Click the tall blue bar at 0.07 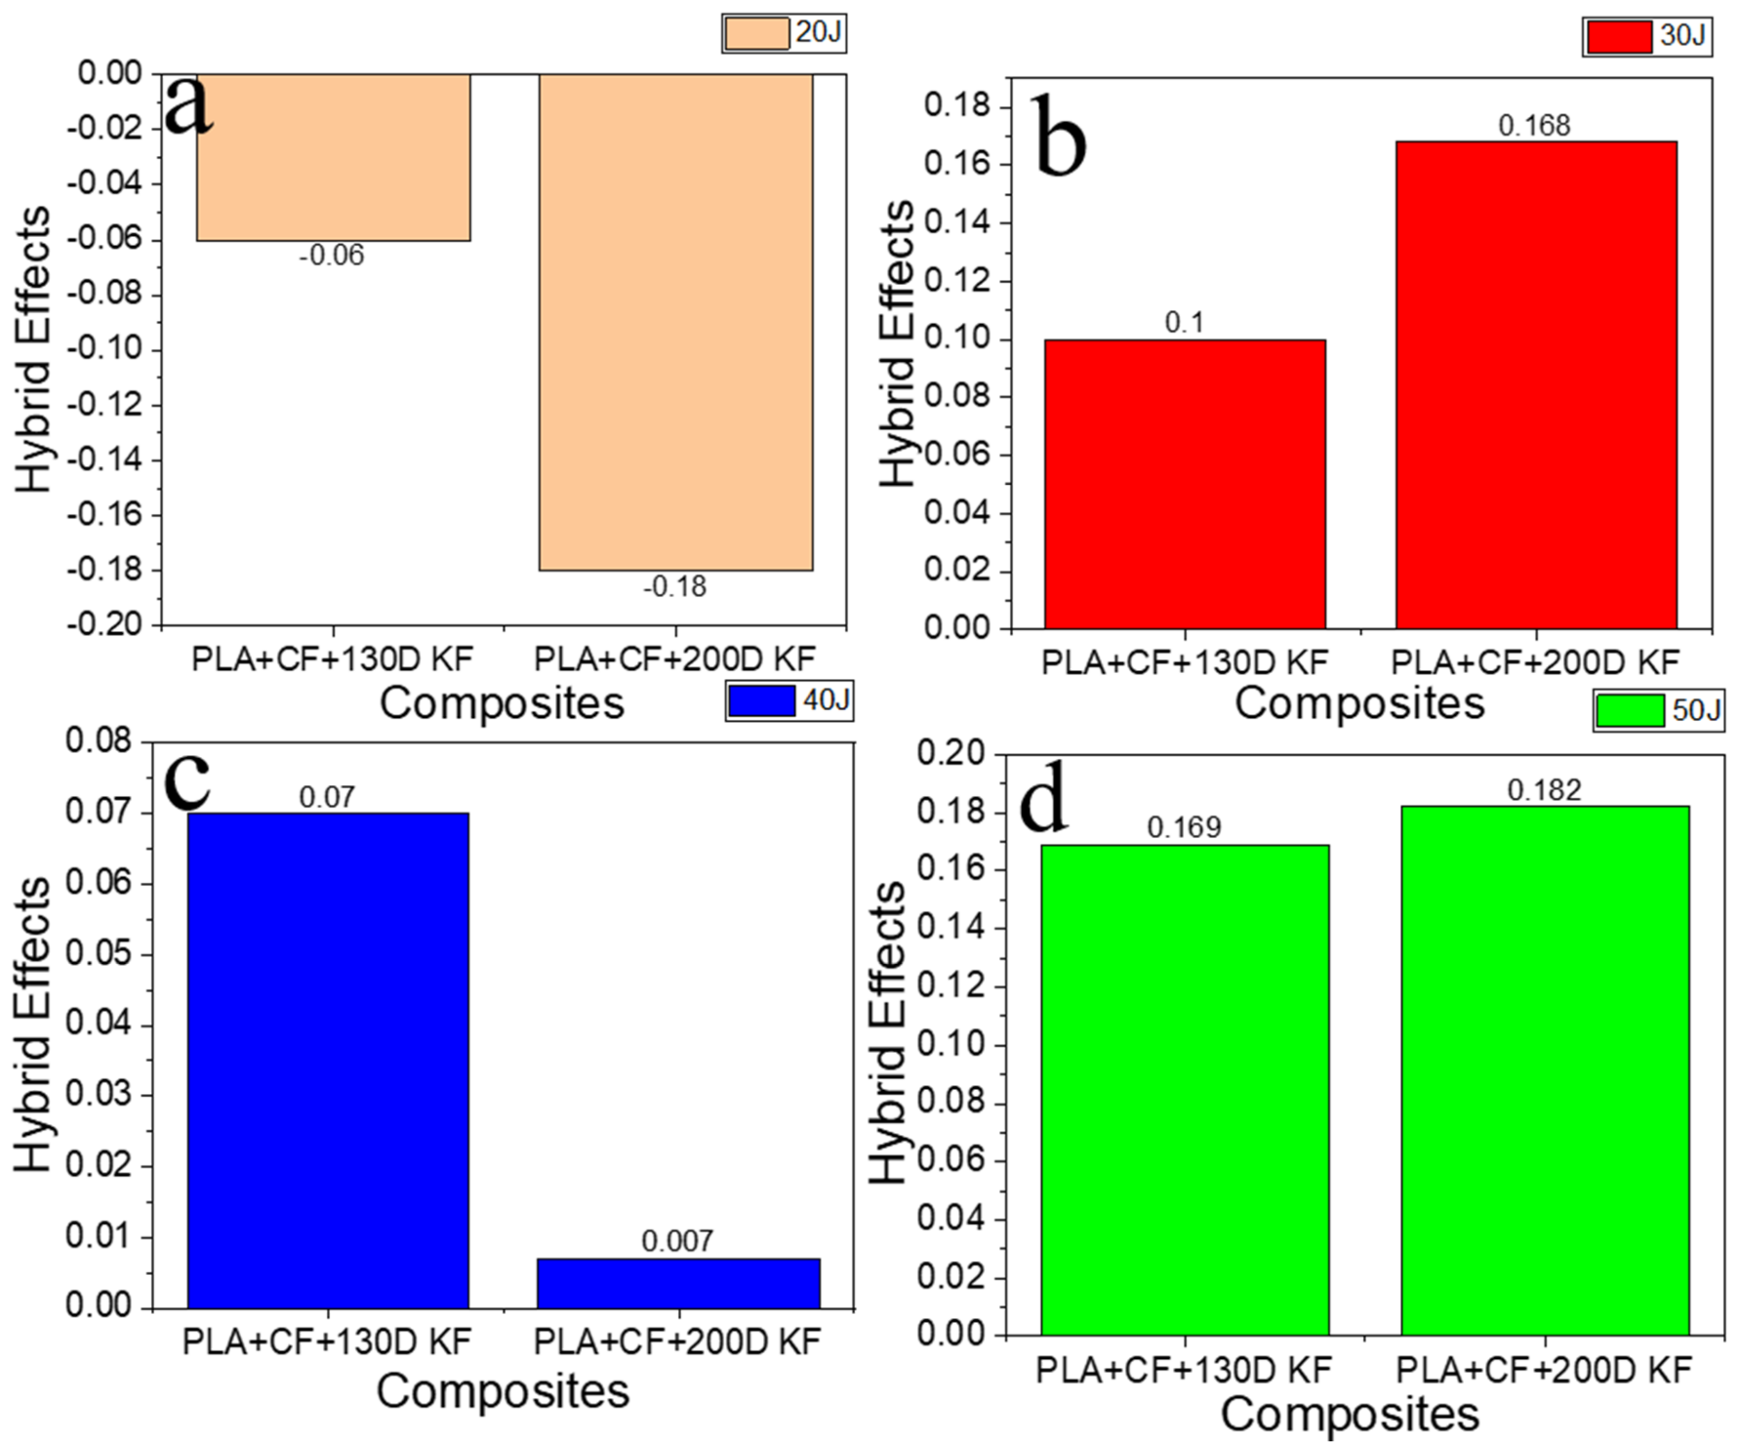328,1060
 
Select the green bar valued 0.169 1185,1089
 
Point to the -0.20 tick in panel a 103,624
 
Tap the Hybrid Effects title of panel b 897,344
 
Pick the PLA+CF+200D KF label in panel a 675,660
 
